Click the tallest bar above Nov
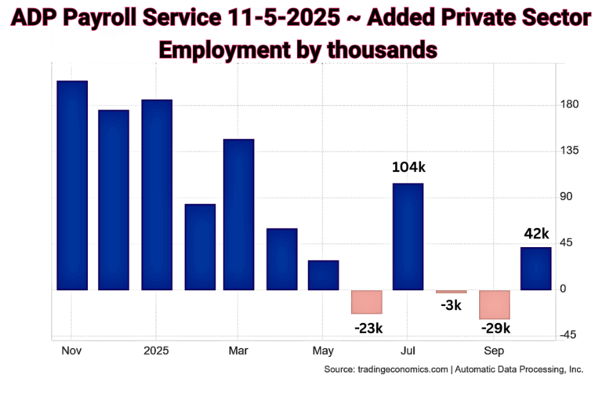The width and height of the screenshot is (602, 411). pos(72,185)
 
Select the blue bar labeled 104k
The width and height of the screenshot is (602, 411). pos(408,236)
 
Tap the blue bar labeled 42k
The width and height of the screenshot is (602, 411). pos(536,268)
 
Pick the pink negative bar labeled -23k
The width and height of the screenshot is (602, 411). pos(366,302)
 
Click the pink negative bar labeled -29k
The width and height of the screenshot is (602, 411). pos(495,304)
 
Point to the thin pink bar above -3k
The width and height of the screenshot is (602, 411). pos(451,292)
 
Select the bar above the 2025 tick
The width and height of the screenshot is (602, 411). pos(157,195)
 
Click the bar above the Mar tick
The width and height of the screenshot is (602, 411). pos(239,214)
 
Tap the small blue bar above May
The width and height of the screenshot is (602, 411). pos(323,275)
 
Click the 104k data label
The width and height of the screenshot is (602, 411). pos(408,167)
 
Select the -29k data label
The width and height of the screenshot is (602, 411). pos(495,328)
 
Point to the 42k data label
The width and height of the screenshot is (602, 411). pos(538,233)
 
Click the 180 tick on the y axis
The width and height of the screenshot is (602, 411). pos(569,104)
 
